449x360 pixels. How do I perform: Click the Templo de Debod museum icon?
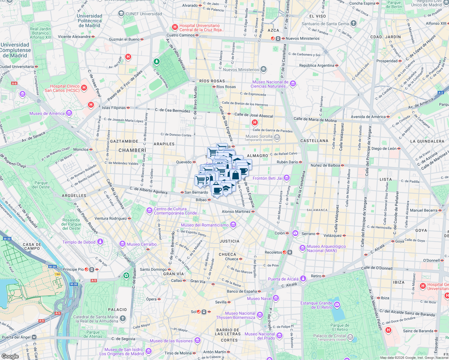click(100, 242)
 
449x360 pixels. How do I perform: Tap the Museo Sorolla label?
click(259, 136)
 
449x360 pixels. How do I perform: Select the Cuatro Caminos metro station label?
click(180, 35)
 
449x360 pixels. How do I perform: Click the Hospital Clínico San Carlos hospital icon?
click(84, 88)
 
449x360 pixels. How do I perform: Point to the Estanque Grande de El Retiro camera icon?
click(337, 305)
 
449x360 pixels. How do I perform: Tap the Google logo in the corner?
click(10, 356)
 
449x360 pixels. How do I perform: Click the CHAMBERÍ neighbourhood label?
click(132, 150)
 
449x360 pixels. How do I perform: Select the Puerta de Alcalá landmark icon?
click(303, 279)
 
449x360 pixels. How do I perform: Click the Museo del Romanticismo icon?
click(233, 225)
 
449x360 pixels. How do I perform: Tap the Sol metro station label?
click(194, 312)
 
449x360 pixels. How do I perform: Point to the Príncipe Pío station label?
click(73, 269)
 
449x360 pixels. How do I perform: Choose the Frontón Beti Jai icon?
click(287, 178)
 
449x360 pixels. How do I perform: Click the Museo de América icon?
click(69, 113)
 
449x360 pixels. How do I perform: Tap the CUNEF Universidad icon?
click(121, 13)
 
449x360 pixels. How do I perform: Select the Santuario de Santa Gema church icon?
click(354, 23)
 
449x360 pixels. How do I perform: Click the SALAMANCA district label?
click(317, 210)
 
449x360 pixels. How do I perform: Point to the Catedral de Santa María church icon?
click(122, 319)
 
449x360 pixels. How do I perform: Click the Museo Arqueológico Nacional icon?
click(303, 248)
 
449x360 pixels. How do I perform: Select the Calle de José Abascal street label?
click(254, 115)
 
